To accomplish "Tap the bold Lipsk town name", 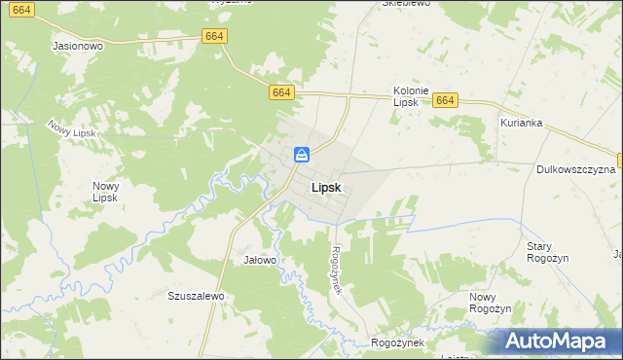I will tap(325, 188).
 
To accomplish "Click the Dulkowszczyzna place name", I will tap(575, 169).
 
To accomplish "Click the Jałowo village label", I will tap(260, 260).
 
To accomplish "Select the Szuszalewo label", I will tap(197, 296).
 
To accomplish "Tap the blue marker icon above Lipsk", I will tap(303, 155).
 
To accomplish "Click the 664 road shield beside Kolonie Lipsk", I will tap(445, 100).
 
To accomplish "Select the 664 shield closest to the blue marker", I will tap(281, 91).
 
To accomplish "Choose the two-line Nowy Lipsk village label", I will tap(106, 192).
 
